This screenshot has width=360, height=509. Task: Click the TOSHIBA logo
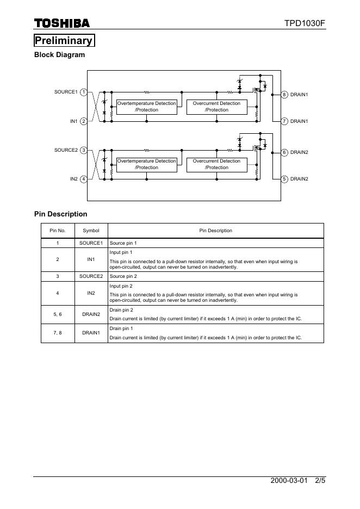[x=62, y=23]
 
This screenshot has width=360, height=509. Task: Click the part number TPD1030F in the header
[x=305, y=23]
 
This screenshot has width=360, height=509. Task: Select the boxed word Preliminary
[x=64, y=41]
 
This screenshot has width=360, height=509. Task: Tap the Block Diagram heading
[x=59, y=55]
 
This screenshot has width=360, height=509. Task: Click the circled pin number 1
[x=84, y=92]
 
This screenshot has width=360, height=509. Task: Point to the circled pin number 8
[x=284, y=95]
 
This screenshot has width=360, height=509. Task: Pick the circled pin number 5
[x=284, y=179]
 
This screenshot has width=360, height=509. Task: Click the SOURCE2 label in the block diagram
[x=66, y=150]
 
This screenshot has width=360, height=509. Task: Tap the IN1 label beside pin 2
[x=74, y=121]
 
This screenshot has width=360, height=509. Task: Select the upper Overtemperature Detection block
[x=147, y=107]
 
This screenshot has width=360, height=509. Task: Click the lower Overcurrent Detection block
[x=216, y=164]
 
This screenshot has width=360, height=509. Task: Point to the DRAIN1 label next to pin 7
[x=299, y=121]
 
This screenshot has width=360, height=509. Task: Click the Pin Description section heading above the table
[x=60, y=214]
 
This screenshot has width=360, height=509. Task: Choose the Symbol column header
[x=91, y=231]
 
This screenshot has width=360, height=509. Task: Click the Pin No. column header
[x=58, y=231]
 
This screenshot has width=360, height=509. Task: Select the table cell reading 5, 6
[x=58, y=314]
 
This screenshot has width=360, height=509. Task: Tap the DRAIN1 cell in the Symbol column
[x=91, y=333]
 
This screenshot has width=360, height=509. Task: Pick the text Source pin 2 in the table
[x=123, y=277]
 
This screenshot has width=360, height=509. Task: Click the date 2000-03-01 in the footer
[x=289, y=481]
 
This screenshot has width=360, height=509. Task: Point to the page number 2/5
[x=320, y=481]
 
